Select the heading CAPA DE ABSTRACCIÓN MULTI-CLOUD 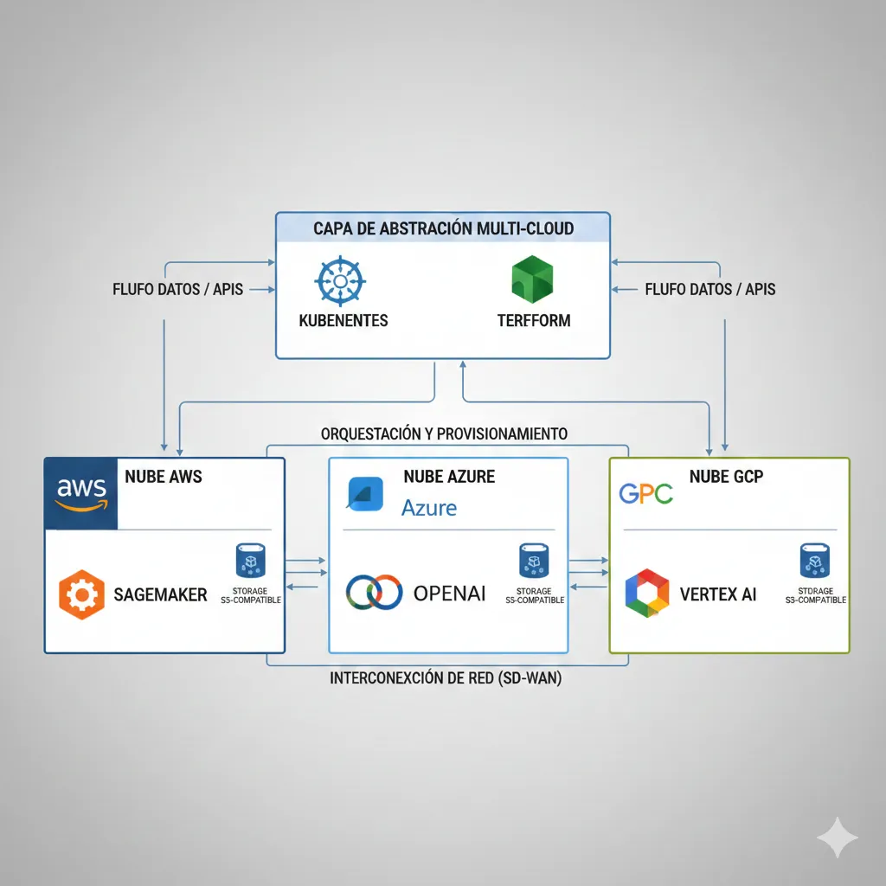(443, 229)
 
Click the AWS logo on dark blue (80, 492)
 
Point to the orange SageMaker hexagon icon (81, 594)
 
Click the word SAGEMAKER (161, 594)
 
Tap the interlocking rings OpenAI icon (374, 593)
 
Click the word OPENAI (449, 593)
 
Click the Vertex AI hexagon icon (647, 594)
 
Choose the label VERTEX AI (719, 594)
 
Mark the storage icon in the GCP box (813, 561)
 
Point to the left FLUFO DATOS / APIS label (178, 289)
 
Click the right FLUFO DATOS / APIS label (710, 289)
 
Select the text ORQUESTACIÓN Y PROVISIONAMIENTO (444, 433)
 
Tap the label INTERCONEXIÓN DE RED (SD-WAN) (446, 679)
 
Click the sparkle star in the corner (838, 837)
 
